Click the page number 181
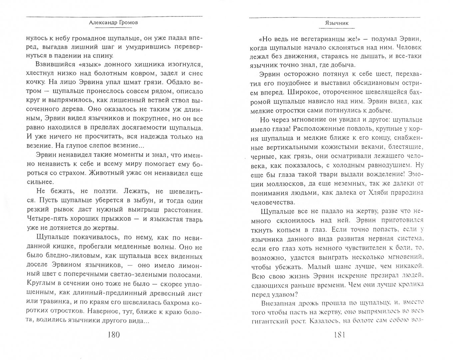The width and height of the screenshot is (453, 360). (x=334, y=343)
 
